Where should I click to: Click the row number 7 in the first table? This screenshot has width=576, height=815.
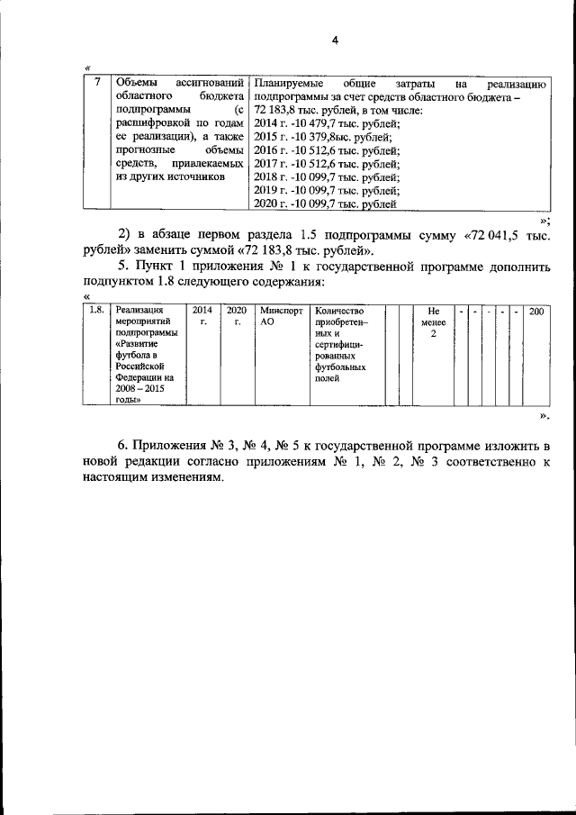pos(97,83)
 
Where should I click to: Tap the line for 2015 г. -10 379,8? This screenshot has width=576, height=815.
pos(323,137)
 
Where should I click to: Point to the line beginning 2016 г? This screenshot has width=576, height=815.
pos(327,150)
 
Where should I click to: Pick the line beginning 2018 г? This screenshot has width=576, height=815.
pos(327,177)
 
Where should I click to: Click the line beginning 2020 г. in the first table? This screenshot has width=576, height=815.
pos(325,204)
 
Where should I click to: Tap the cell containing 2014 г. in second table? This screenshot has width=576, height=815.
pos(202,317)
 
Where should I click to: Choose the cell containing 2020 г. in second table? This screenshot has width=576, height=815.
pos(236,317)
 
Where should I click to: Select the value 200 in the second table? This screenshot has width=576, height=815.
pos(537,311)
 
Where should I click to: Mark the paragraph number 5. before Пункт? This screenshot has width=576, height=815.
pos(124,267)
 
